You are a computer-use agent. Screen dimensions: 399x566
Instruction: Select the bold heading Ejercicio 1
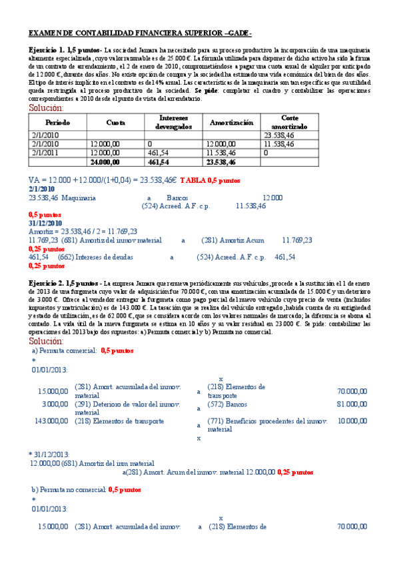(47, 51)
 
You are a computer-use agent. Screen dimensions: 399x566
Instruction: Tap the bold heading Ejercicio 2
(47, 284)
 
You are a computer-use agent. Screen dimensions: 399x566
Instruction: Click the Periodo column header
(57, 122)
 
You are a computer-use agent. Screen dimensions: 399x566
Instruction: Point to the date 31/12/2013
(51, 454)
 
